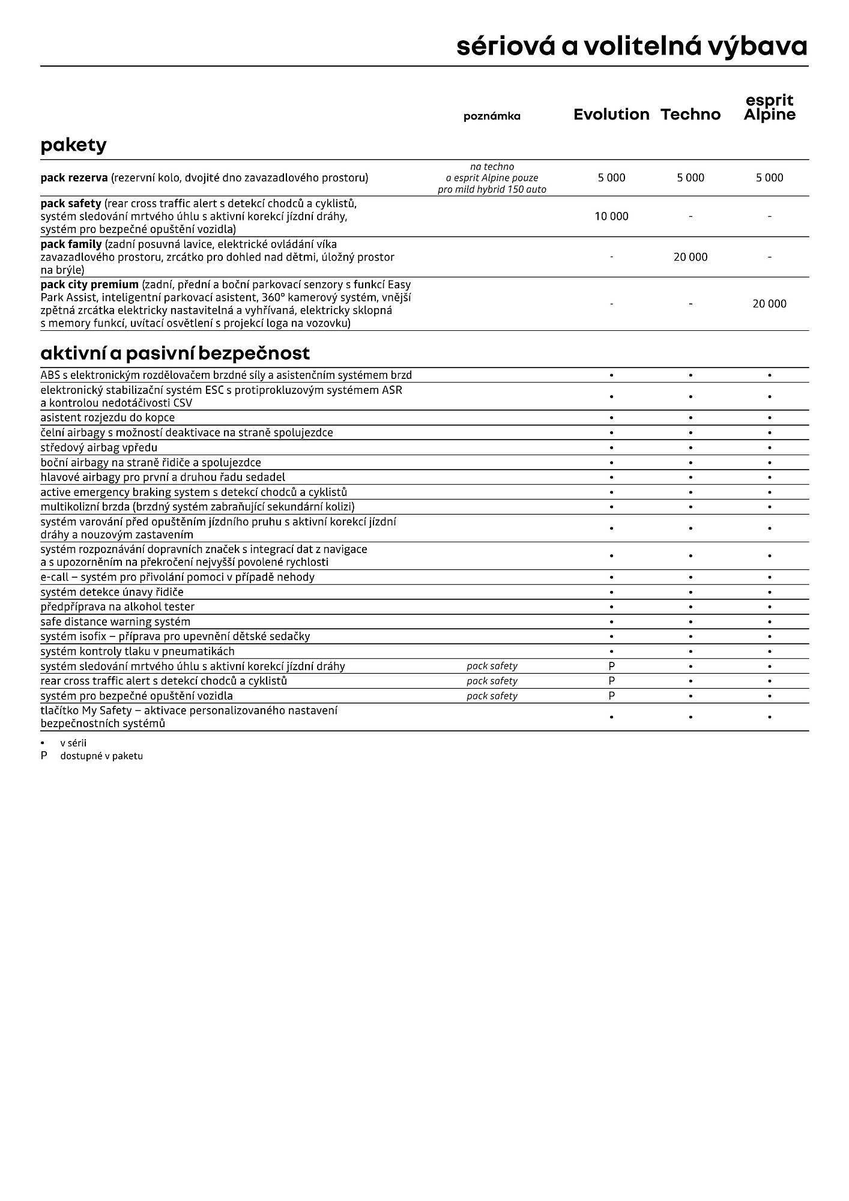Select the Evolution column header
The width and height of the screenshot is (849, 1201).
[x=611, y=115]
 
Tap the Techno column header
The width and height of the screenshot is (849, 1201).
[x=690, y=115]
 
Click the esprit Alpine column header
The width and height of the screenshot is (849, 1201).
[x=769, y=108]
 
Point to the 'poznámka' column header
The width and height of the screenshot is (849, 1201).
[x=492, y=116]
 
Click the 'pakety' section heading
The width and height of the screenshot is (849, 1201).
[x=73, y=145]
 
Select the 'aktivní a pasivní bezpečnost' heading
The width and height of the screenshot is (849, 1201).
[x=175, y=352]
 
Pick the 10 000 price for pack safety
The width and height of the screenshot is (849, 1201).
[x=611, y=216]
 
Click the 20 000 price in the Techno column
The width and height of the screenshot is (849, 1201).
[x=690, y=257]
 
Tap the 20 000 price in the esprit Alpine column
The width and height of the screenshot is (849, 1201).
[x=769, y=304]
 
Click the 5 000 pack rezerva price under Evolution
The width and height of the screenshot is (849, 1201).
[x=611, y=178]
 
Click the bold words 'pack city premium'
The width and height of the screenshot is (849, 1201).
[x=89, y=285]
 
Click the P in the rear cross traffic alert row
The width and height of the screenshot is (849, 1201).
[x=611, y=681]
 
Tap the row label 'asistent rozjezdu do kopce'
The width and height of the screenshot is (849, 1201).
[x=107, y=417]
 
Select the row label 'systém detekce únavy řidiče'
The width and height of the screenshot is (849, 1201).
[x=112, y=592]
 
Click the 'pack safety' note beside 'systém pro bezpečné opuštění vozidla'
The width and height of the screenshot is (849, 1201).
[x=492, y=696]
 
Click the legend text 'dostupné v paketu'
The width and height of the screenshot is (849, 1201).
[x=101, y=756]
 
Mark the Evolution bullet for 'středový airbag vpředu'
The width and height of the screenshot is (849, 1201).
[x=611, y=448]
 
